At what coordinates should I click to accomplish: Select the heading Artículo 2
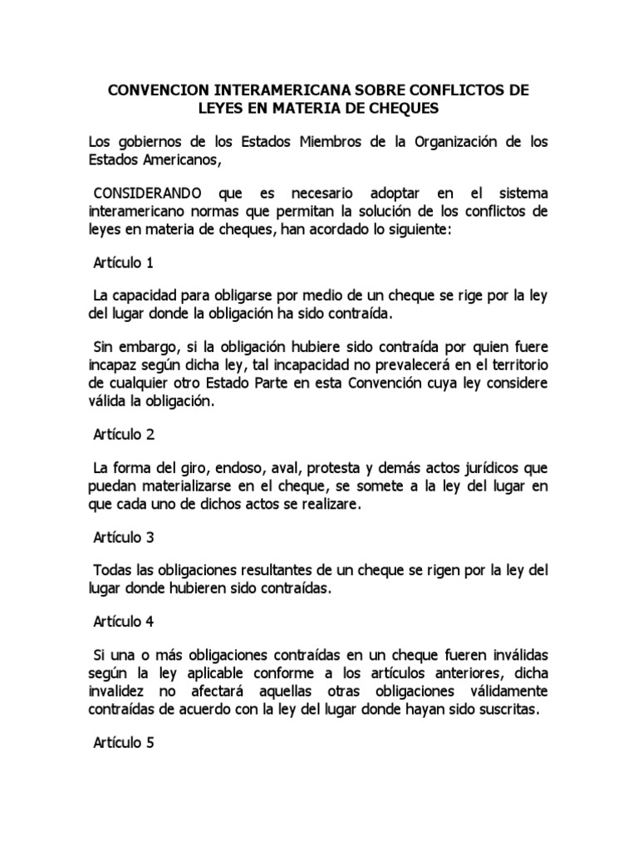click(124, 434)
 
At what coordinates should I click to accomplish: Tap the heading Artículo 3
click(124, 537)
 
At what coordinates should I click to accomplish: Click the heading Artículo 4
click(124, 621)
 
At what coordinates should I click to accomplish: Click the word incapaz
click(112, 366)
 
